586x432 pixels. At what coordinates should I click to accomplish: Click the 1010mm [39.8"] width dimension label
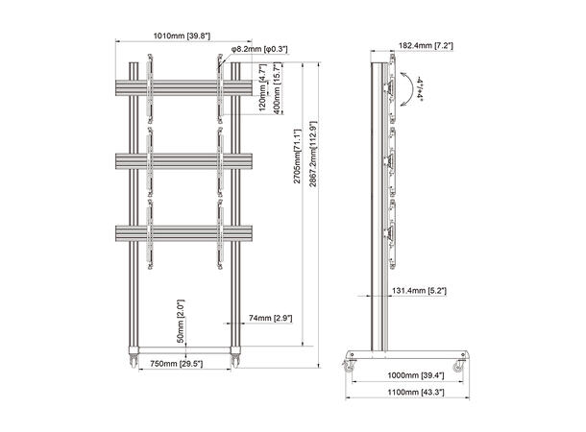coord(183,36)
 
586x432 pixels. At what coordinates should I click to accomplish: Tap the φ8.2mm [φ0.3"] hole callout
coord(265,48)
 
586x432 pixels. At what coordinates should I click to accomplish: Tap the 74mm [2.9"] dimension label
coord(271,317)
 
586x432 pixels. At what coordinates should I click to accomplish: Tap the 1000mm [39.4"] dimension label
coord(407,374)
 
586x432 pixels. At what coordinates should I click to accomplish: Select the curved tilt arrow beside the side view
coord(410,88)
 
